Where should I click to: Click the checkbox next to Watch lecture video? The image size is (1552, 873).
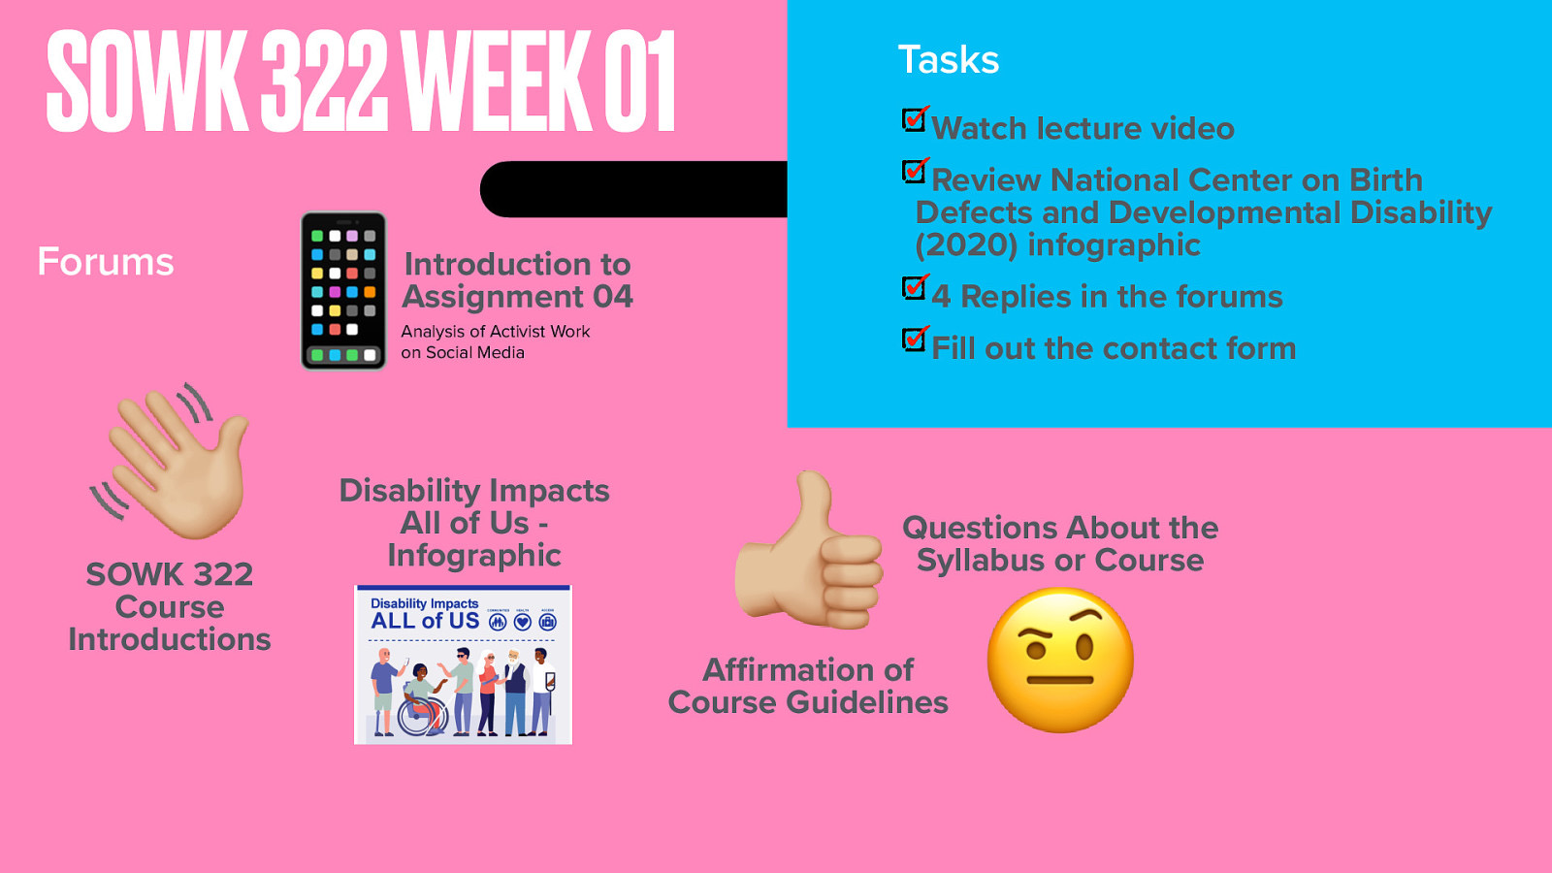[x=914, y=120]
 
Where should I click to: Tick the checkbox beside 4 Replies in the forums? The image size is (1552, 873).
[x=914, y=288]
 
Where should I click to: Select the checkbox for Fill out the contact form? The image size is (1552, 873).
[x=914, y=339]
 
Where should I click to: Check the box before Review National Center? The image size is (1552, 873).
[x=914, y=172]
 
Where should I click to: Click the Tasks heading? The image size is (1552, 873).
[x=948, y=60]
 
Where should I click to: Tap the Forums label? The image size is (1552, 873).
[x=106, y=262]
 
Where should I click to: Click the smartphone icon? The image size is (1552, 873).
[x=343, y=291]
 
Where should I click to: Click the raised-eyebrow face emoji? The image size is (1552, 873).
[x=1060, y=660]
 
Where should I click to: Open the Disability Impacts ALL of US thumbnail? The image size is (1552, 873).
[x=463, y=665]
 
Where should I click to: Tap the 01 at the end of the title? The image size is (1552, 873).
[x=640, y=82]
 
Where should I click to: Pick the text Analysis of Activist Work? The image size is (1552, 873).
[x=495, y=332]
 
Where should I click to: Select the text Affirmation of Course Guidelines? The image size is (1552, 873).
[x=808, y=686]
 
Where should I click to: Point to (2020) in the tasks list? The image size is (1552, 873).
[x=966, y=245]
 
